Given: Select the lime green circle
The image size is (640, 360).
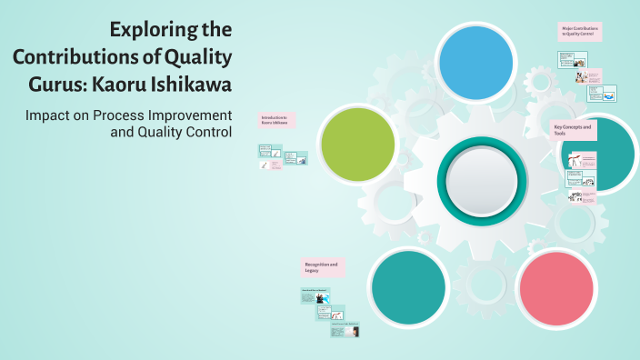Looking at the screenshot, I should click(x=358, y=145).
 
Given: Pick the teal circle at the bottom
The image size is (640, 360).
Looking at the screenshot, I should click(x=408, y=286).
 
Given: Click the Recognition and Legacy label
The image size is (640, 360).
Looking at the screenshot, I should click(x=321, y=267).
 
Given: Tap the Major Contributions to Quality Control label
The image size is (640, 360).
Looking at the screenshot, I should click(x=579, y=31).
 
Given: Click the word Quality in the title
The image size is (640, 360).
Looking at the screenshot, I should click(x=198, y=56).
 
